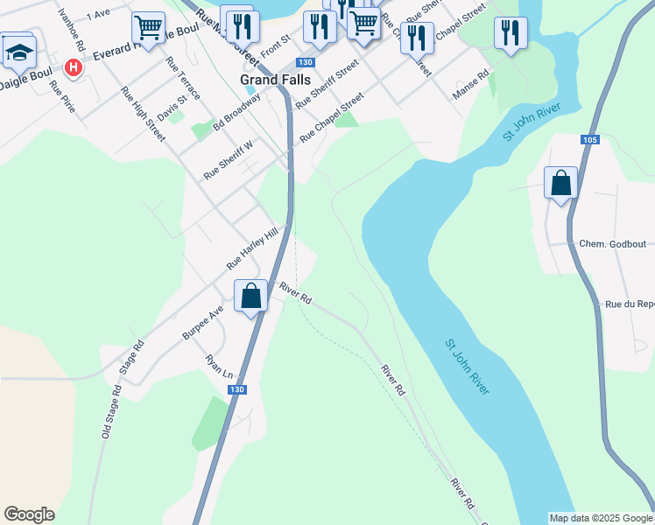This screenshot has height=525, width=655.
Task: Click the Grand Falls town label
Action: point(272,78)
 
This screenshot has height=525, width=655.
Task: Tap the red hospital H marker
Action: point(74,67)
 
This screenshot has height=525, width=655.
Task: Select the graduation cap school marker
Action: point(18,52)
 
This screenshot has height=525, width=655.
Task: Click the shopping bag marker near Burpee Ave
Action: point(250,296)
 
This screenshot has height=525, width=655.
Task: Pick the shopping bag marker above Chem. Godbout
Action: point(560,184)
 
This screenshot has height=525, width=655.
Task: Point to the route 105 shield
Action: point(588,140)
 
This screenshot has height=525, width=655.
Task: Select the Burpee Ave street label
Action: point(203,322)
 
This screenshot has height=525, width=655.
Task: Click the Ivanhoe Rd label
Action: point(71,30)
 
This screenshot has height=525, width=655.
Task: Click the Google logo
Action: point(29,514)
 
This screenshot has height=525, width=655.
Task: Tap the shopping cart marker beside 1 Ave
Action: point(149,27)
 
